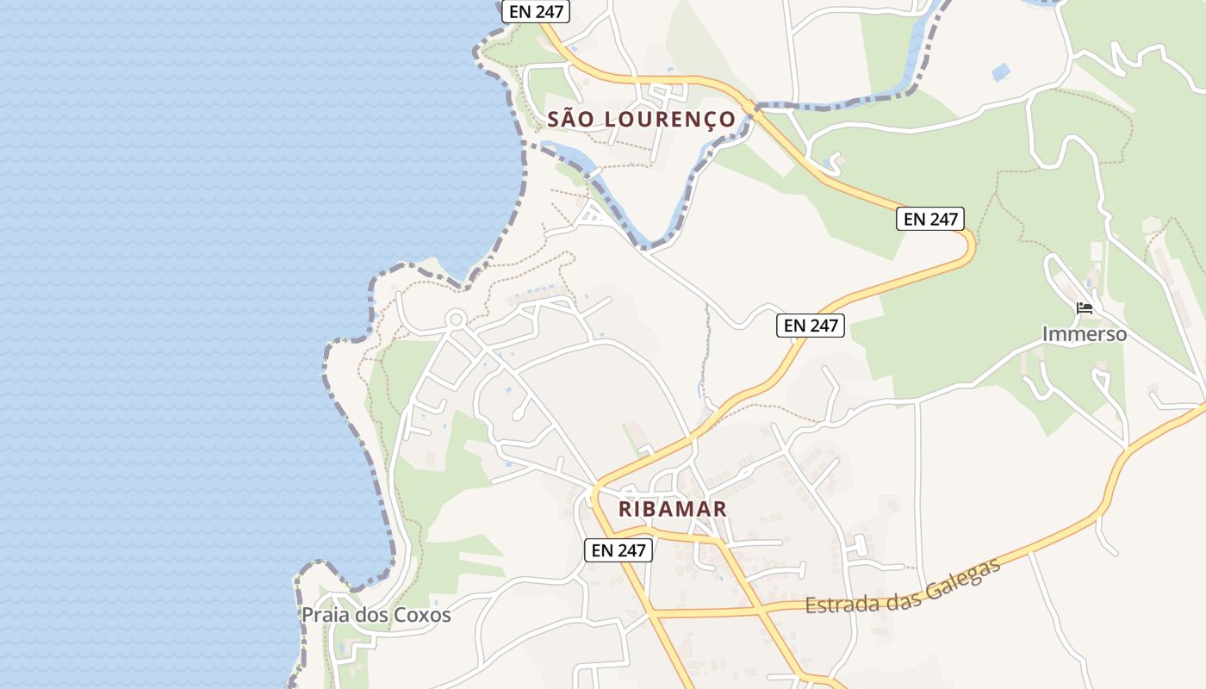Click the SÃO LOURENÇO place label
coord(642,119)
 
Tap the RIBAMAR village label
coord(673,509)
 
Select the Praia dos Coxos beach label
coord(376,615)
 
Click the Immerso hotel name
coord(1085,333)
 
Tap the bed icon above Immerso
coord(1085,307)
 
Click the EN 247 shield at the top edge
coord(536,11)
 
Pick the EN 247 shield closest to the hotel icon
coord(929,219)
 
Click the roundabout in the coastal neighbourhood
coord(456,320)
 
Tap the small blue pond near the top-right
coord(1000,72)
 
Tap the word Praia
coord(324,615)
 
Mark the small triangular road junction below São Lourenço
coord(594,214)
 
